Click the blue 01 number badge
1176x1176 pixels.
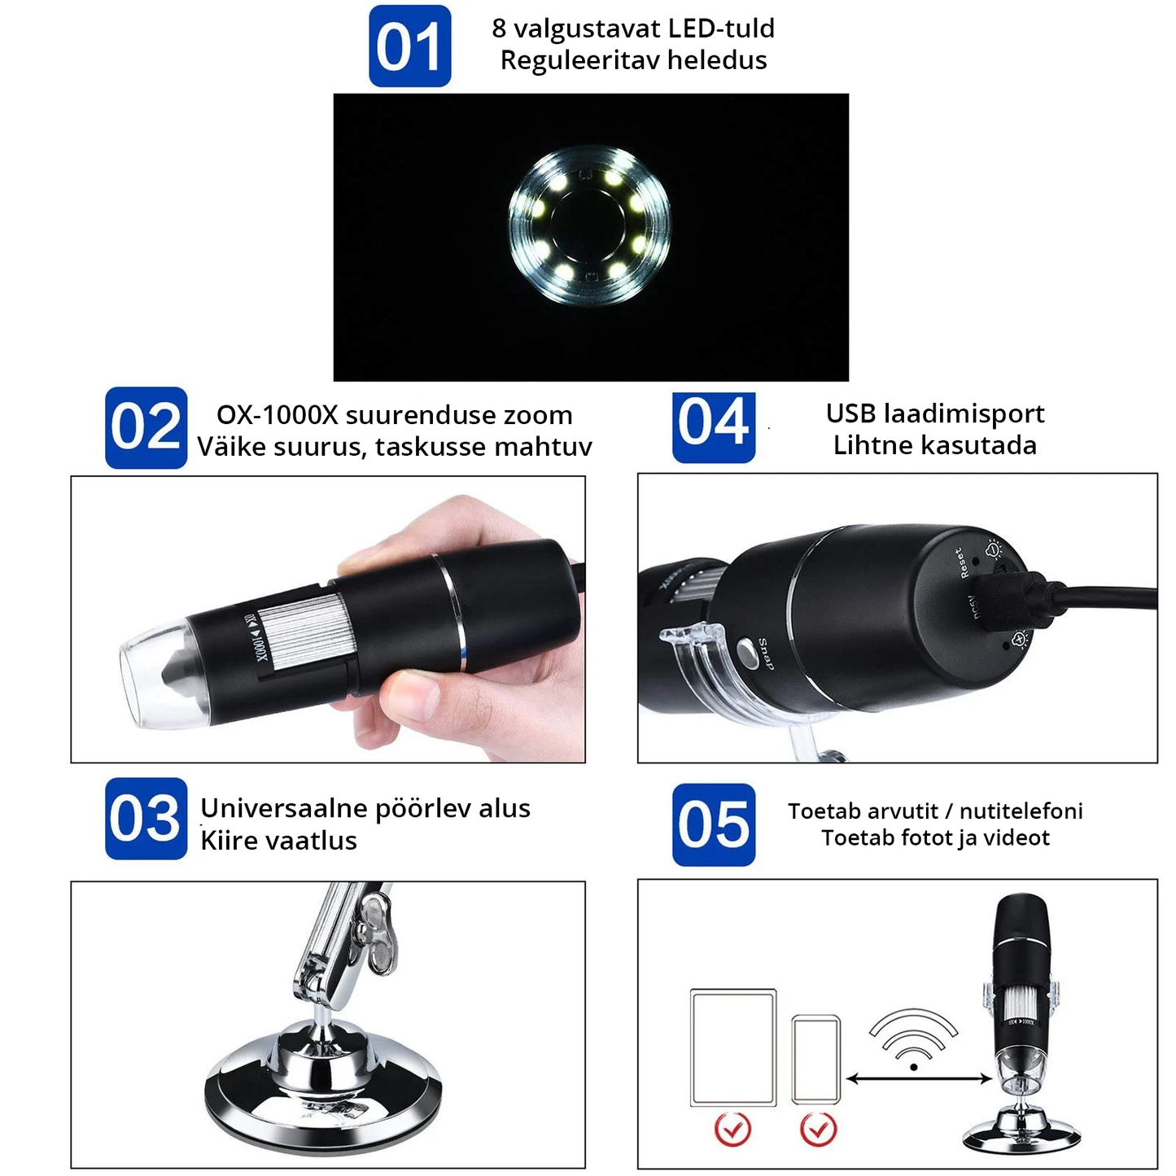tap(409, 46)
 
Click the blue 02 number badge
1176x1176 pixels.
tap(146, 427)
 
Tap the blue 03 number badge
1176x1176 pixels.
tap(146, 819)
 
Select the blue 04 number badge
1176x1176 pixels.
tap(714, 427)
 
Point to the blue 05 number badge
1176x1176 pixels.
tap(714, 824)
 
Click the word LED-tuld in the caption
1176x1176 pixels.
tap(721, 28)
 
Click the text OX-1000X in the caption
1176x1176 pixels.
tap(277, 415)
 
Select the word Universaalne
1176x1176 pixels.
tap(284, 808)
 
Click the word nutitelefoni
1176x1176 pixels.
tap(1021, 811)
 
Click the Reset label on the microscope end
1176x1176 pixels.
tap(961, 562)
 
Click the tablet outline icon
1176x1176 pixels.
tap(733, 1048)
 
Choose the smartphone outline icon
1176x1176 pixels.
tap(816, 1059)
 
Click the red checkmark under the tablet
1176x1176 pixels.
tap(732, 1129)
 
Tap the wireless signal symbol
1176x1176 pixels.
tap(914, 1038)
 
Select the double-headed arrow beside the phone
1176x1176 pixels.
tap(919, 1080)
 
